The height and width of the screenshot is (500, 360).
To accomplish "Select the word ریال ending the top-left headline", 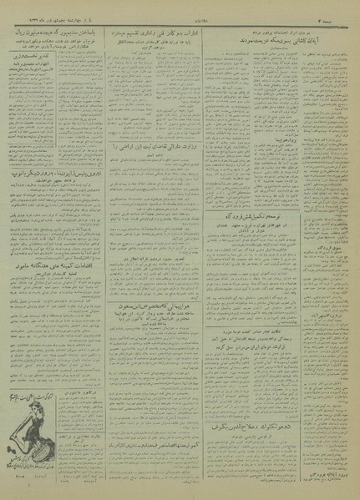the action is click(x=19, y=26).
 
